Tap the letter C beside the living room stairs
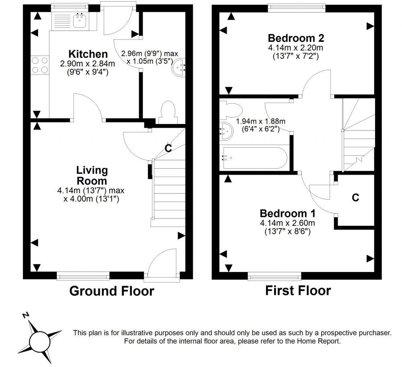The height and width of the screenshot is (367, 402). point(168,148)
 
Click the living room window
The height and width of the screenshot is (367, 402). point(83,275)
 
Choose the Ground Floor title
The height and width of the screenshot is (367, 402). point(111,291)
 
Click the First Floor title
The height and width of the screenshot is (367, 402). point(298,290)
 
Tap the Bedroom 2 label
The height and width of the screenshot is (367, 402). point(296,38)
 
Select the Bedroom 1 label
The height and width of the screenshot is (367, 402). point(287,213)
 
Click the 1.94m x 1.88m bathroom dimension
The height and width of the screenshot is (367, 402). point(260,122)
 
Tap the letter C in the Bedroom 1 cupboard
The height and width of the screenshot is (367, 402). point(355,198)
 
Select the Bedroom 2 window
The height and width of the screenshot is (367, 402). point(297,6)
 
